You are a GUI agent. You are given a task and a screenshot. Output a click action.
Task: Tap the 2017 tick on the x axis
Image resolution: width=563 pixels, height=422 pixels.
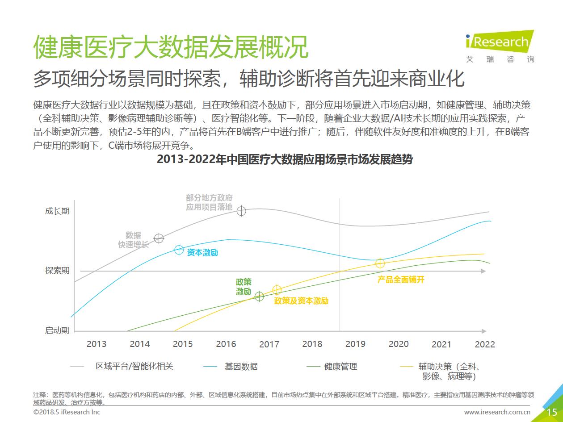point(269,344)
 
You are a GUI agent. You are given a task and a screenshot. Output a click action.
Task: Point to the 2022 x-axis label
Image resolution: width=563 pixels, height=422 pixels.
point(485,344)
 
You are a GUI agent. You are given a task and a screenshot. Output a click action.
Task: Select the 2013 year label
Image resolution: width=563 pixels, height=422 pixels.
point(97,344)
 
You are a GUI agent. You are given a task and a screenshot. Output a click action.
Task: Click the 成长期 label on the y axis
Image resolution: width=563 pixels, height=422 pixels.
point(57,211)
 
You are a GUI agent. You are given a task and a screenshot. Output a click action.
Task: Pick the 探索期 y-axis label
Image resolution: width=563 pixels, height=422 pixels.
point(57,271)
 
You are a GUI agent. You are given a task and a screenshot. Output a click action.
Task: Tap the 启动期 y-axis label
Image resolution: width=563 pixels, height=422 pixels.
point(57,330)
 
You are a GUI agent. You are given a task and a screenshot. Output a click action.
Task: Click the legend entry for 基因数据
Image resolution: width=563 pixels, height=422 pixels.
point(241,367)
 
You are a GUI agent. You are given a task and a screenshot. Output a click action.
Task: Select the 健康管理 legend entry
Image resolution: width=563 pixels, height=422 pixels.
point(340,367)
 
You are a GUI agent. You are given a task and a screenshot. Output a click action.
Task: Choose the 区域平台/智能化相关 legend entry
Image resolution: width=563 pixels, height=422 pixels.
point(134,366)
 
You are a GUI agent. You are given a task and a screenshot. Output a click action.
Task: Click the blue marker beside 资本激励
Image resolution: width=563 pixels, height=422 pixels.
point(179,250)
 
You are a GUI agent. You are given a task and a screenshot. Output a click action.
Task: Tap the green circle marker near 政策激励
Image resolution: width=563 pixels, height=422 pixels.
point(259,296)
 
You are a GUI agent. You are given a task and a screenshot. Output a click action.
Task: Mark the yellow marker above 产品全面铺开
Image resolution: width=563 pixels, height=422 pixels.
point(380,263)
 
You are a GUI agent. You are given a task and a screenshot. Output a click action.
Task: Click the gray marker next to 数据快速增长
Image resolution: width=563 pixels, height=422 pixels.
point(159,238)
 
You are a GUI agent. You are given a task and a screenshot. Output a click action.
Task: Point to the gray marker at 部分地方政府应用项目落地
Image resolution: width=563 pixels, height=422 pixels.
point(241,211)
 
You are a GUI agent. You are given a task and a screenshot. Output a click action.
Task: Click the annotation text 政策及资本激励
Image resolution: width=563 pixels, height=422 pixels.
point(301,301)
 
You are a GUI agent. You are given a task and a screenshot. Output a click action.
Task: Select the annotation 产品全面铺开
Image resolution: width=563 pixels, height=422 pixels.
point(401,280)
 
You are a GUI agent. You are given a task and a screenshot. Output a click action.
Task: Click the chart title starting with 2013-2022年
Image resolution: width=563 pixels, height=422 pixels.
point(285,159)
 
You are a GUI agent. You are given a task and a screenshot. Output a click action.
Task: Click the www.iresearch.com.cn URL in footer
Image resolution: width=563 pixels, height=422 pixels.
point(497,412)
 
